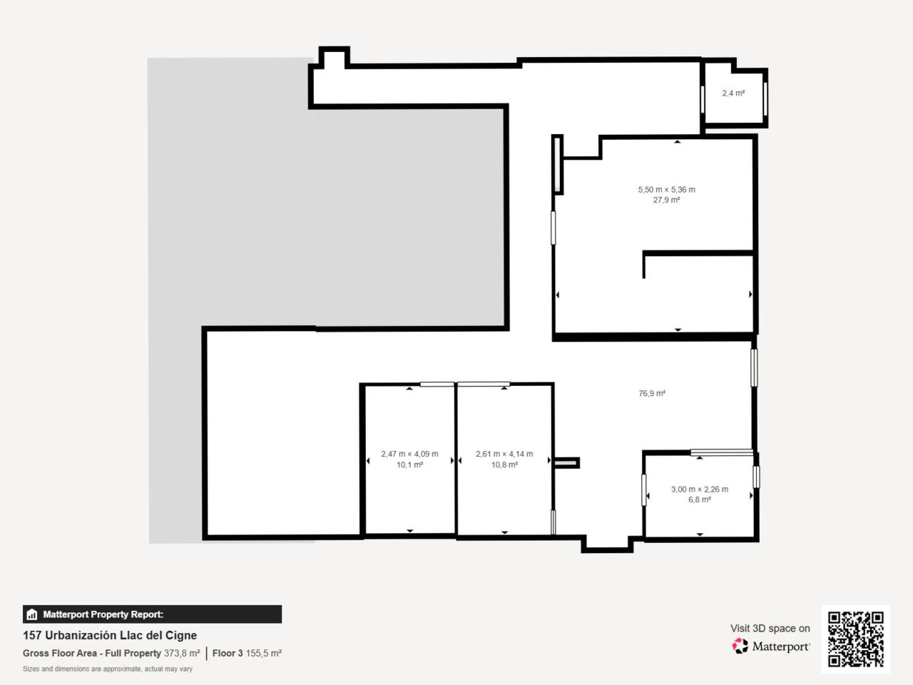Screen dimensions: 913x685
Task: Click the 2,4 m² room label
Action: pyautogui.click(x=733, y=93)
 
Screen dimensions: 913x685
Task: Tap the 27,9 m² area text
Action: pyautogui.click(x=666, y=200)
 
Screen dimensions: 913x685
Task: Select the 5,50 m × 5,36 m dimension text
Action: pyautogui.click(x=666, y=190)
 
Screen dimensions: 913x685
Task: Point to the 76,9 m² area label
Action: pyautogui.click(x=652, y=393)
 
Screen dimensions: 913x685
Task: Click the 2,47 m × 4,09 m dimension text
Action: pyautogui.click(x=409, y=454)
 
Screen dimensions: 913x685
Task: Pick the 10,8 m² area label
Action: pyautogui.click(x=504, y=465)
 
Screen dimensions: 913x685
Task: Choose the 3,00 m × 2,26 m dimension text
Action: pyautogui.click(x=700, y=489)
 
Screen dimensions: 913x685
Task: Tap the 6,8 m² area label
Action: pyautogui.click(x=700, y=499)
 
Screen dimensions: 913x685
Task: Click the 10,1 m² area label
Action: pyautogui.click(x=409, y=465)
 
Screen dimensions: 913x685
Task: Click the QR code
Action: pyautogui.click(x=856, y=639)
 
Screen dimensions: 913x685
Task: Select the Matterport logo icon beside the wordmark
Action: pyautogui.click(x=740, y=646)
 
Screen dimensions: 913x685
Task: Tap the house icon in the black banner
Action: pyautogui.click(x=32, y=614)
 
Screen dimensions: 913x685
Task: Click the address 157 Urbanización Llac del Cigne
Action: pyautogui.click(x=110, y=635)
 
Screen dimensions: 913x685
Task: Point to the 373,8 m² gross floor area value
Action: pyautogui.click(x=182, y=653)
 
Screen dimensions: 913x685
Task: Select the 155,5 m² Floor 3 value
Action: pyautogui.click(x=264, y=653)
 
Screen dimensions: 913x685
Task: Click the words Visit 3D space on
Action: pyautogui.click(x=770, y=629)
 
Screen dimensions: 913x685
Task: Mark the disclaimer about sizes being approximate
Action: pyautogui.click(x=108, y=669)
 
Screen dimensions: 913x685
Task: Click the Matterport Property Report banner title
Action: pyautogui.click(x=103, y=614)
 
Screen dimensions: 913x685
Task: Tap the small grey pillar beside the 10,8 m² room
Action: pyautogui.click(x=566, y=462)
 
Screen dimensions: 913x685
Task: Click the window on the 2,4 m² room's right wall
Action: pyautogui.click(x=765, y=99)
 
